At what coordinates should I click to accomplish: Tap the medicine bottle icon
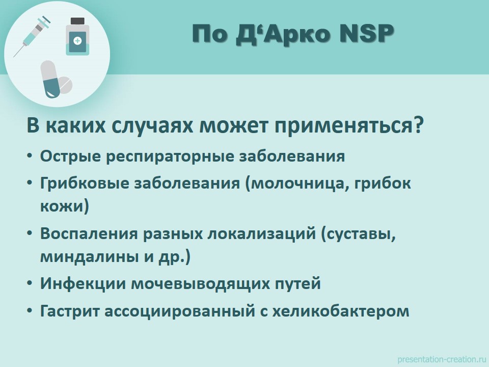(x=77, y=37)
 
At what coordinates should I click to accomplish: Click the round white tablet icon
(x=65, y=85)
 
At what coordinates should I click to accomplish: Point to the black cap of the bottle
(x=77, y=21)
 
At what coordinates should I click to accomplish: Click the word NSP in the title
(x=366, y=34)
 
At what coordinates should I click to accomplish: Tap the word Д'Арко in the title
(x=283, y=34)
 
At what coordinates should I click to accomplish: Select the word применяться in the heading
(x=345, y=125)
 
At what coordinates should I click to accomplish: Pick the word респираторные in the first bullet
(x=170, y=156)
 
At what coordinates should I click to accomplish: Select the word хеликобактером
(x=341, y=311)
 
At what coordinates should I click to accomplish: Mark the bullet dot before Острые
(x=30, y=155)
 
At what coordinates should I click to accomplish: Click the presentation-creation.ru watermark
(x=441, y=359)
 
